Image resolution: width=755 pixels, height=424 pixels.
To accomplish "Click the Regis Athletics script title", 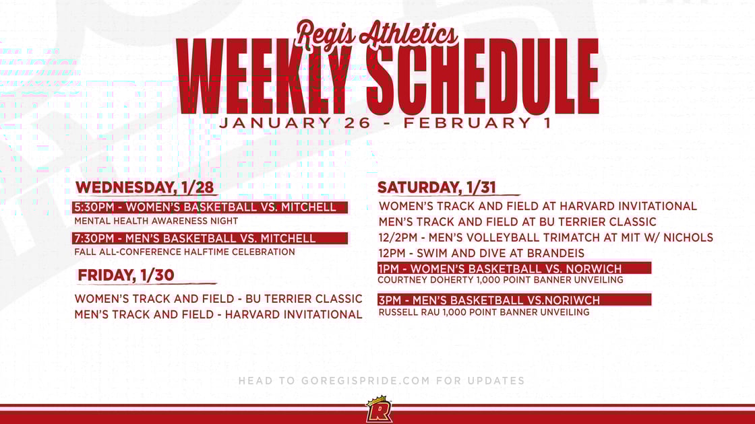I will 377,33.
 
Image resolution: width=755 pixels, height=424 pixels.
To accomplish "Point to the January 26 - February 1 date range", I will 385,123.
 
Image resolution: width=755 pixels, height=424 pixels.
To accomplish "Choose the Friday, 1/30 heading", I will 126,275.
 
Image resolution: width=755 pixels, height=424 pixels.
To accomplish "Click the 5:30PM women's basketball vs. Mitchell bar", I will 210,207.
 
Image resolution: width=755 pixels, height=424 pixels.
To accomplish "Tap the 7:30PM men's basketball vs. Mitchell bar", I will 210,238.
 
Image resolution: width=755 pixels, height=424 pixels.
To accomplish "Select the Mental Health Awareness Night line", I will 156,221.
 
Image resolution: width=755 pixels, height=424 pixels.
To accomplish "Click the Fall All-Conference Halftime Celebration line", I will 185,252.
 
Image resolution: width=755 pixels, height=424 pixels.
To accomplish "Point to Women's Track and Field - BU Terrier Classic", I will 218,298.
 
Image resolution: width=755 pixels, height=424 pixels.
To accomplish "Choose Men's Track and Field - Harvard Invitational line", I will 218,314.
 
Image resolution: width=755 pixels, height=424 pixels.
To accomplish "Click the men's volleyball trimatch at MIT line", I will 545,237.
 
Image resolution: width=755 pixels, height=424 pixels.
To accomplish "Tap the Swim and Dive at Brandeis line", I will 481,253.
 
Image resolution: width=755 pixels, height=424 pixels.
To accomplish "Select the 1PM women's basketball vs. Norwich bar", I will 514,269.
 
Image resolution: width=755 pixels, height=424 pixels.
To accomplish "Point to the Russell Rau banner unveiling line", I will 483,312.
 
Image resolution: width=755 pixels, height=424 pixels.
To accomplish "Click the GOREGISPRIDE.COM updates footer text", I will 381,381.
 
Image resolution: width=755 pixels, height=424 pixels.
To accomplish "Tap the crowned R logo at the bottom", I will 379,410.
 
